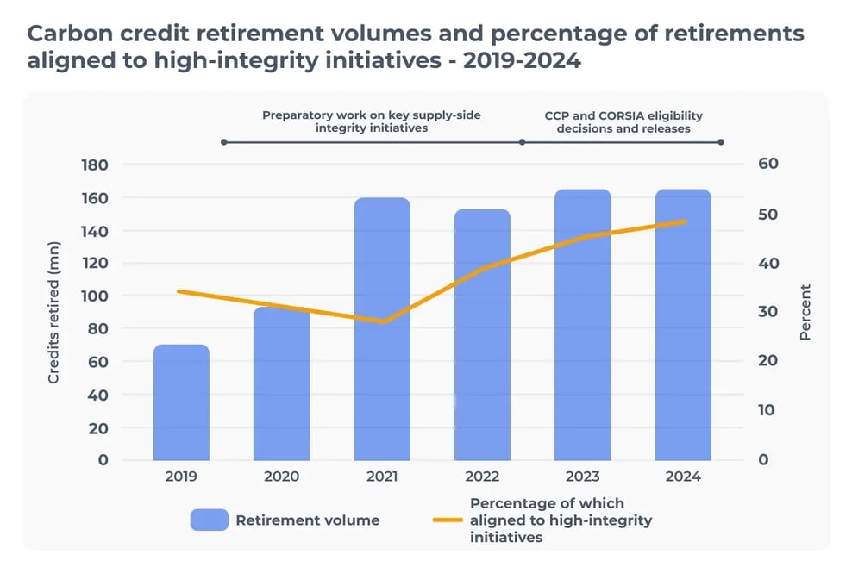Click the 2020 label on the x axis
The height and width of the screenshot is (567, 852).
pyautogui.click(x=282, y=477)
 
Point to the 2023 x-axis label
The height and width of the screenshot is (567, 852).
pyautogui.click(x=583, y=477)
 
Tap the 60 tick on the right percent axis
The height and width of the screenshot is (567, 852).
pyautogui.click(x=768, y=165)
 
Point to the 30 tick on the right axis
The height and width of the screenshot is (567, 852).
pyautogui.click(x=768, y=312)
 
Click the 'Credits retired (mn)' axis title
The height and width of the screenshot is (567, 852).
pyautogui.click(x=53, y=312)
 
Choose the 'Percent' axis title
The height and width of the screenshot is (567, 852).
pyautogui.click(x=805, y=312)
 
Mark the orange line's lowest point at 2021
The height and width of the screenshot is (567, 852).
pyautogui.click(x=382, y=321)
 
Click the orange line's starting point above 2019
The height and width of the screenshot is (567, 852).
pyautogui.click(x=179, y=291)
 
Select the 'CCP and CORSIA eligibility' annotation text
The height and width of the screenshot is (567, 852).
pyautogui.click(x=623, y=114)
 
